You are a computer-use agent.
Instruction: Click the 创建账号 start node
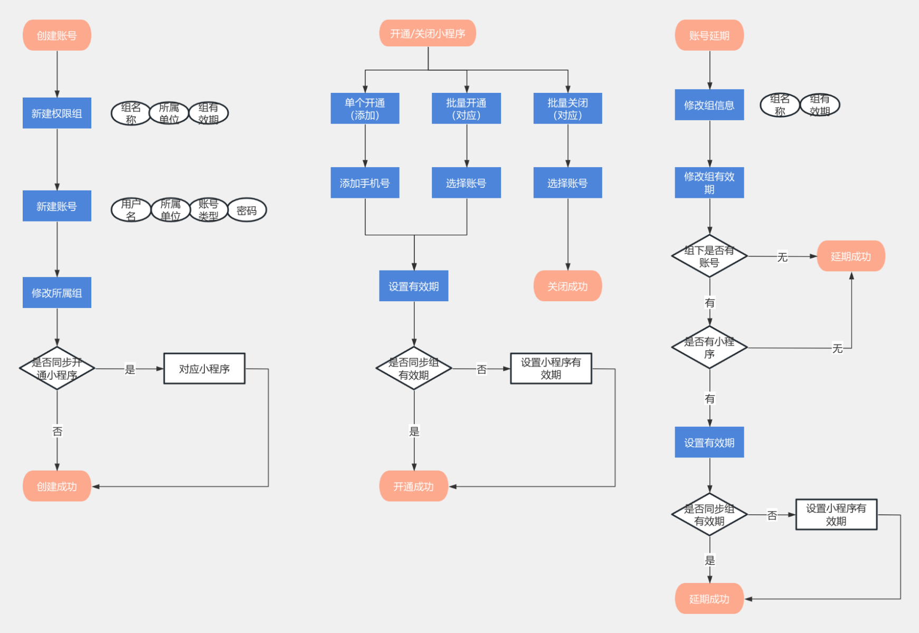pos(57,35)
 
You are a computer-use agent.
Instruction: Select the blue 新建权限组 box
pos(57,113)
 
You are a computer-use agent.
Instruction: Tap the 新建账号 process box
pos(57,206)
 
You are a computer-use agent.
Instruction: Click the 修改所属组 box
pos(57,292)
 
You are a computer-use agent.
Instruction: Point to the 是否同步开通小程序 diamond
pos(57,368)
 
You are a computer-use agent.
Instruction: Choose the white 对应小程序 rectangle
pos(204,368)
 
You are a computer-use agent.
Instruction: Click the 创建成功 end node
pos(57,486)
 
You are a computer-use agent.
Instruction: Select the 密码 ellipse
pos(247,210)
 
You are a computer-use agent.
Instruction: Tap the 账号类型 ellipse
pos(209,210)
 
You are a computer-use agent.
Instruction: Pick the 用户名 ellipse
pos(131,210)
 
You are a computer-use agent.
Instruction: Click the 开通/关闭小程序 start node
pos(428,33)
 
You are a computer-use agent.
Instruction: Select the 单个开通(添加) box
pos(365,109)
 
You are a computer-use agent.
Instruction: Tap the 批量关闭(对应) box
pos(568,109)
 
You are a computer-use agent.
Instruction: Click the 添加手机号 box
pos(365,183)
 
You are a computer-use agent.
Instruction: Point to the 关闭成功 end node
pos(568,286)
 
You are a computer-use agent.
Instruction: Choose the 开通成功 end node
pos(414,486)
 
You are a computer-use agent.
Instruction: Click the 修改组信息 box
pos(709,104)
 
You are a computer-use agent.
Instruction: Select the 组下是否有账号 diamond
pos(709,256)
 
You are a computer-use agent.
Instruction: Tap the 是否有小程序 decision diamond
pos(709,348)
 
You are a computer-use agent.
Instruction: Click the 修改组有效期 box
pos(709,183)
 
